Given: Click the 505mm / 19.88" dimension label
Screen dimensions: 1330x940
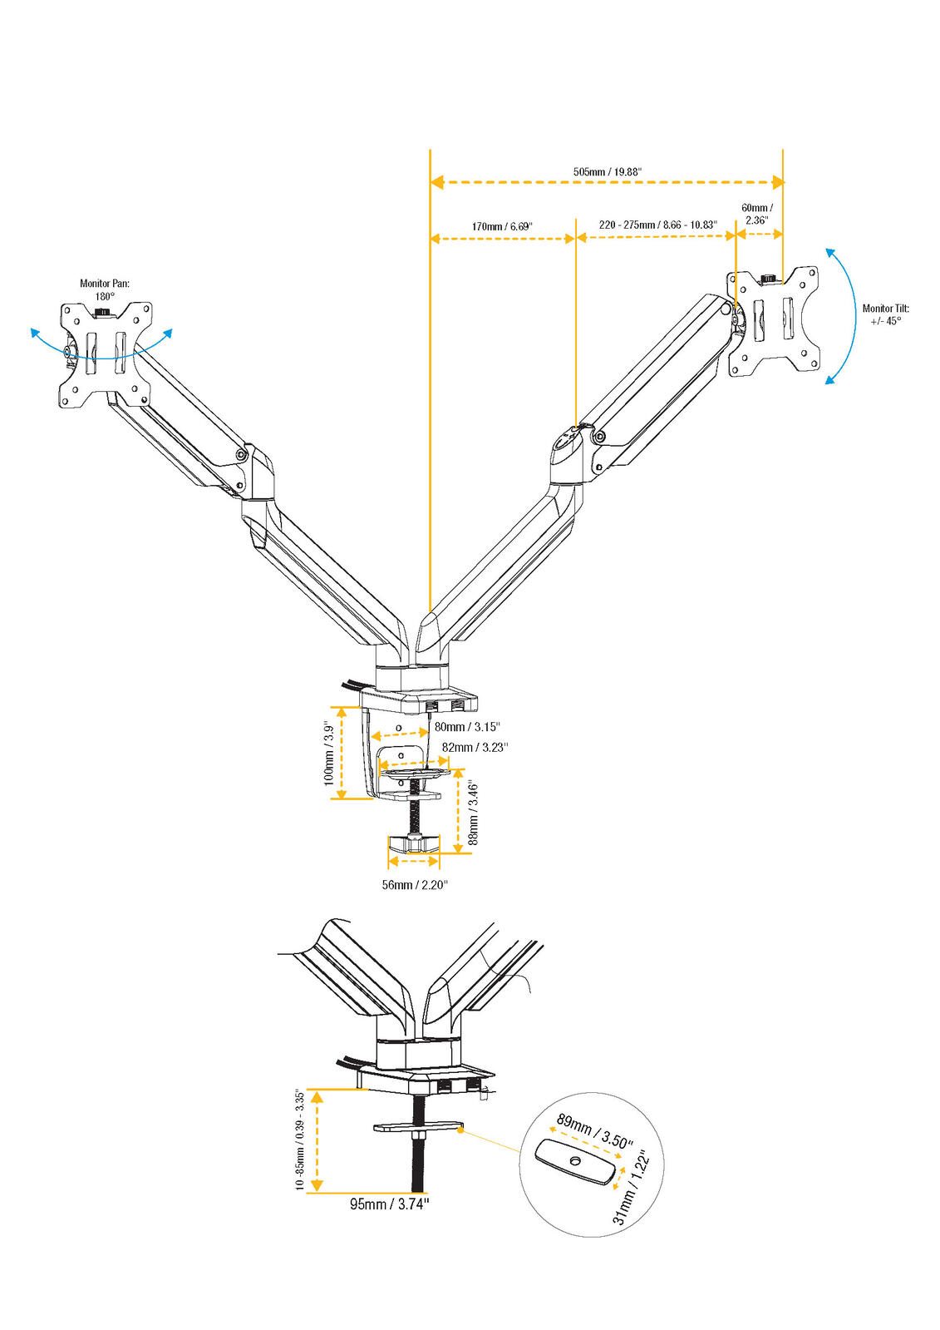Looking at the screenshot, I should click(607, 171).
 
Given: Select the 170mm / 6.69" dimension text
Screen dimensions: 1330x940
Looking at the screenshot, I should click(501, 225).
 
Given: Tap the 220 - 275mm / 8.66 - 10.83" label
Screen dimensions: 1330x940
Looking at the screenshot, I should click(657, 225).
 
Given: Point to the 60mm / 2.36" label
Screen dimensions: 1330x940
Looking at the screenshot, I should click(756, 214).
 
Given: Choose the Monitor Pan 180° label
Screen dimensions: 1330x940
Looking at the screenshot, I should click(105, 289).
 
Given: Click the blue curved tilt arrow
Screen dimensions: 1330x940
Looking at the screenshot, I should click(853, 316).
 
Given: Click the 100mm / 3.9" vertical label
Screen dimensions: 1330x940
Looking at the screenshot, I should click(329, 754).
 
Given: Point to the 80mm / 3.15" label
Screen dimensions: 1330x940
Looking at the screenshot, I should click(467, 728).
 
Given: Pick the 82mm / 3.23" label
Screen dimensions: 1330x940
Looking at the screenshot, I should click(475, 747).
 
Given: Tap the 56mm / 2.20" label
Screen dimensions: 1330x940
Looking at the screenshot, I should click(415, 884).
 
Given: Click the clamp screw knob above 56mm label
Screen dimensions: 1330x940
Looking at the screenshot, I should click(414, 845).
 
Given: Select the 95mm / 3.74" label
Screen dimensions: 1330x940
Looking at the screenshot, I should click(390, 1203).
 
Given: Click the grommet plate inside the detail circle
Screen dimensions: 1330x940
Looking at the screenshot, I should click(575, 1162).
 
